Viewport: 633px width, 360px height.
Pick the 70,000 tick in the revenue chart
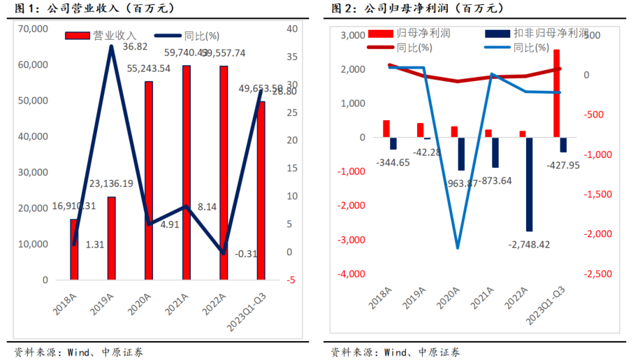click(34, 29)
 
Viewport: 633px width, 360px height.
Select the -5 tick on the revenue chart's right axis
click(290, 280)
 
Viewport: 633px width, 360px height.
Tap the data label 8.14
click(208, 207)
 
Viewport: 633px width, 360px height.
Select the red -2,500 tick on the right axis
click(604, 273)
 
